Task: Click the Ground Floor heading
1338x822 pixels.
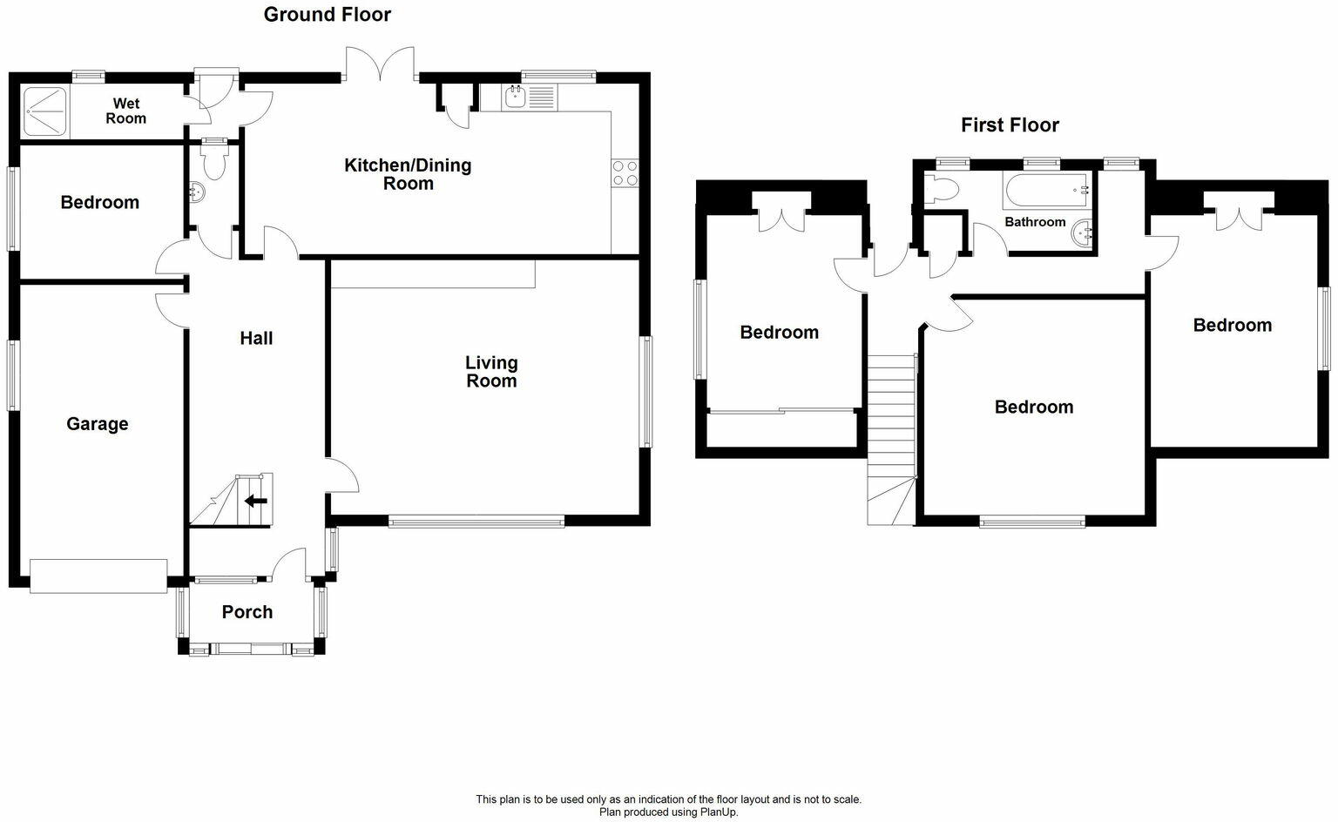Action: click(327, 15)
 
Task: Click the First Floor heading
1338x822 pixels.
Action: click(1010, 125)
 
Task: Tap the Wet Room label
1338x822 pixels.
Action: click(125, 111)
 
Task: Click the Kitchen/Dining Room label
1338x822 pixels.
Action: click(408, 174)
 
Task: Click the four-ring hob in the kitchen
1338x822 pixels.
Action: click(625, 173)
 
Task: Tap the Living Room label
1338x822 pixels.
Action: click(491, 372)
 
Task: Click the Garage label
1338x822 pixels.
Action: click(97, 424)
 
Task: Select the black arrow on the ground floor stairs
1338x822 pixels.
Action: click(255, 501)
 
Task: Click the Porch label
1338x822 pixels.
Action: click(247, 612)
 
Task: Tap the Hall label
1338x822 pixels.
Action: click(256, 338)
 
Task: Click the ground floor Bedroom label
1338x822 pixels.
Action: click(99, 203)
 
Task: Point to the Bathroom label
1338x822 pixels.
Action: click(1035, 222)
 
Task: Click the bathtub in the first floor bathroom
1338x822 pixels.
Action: click(1046, 189)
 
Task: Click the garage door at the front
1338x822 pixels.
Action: click(98, 576)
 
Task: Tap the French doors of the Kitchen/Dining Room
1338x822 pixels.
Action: click(380, 64)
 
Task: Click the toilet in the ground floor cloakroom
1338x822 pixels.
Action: click(213, 161)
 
